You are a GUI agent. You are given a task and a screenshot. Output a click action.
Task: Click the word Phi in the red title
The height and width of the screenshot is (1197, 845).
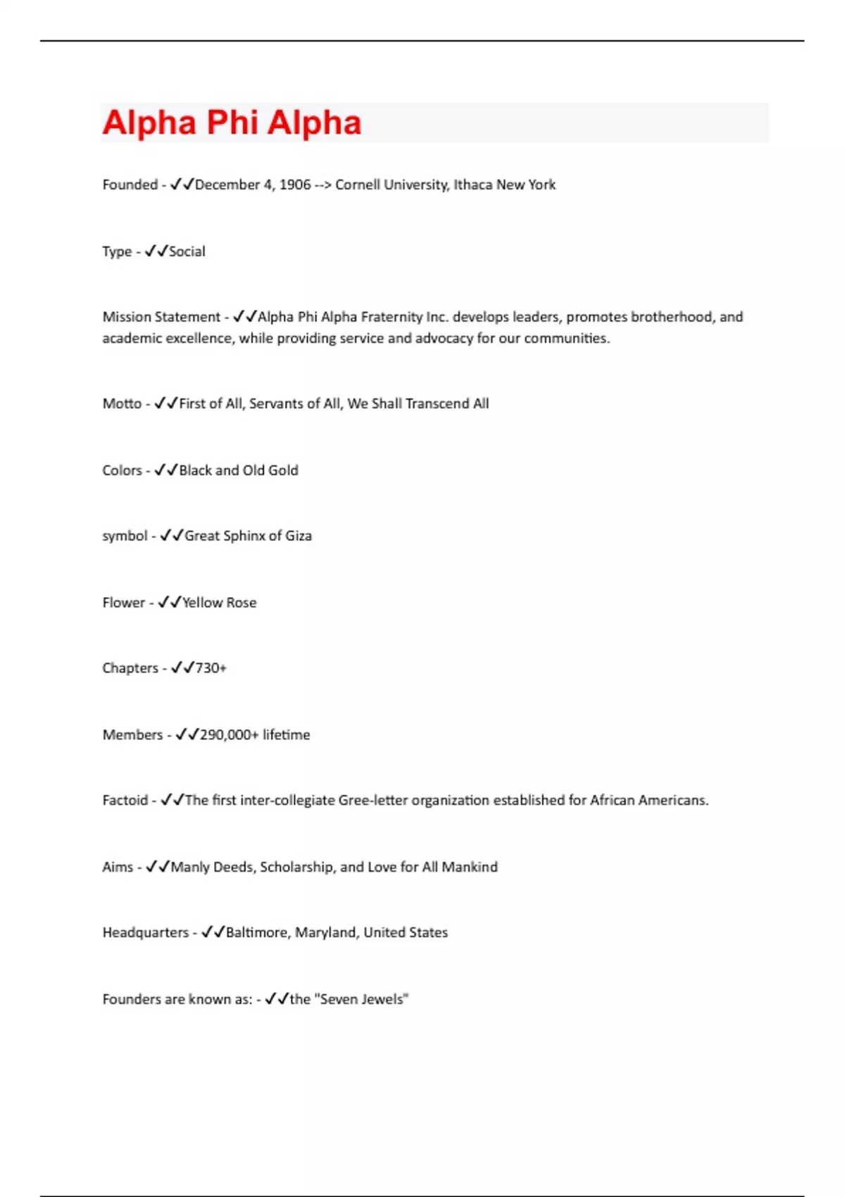click(232, 123)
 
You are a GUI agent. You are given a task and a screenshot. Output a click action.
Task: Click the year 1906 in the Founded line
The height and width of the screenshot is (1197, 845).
click(295, 184)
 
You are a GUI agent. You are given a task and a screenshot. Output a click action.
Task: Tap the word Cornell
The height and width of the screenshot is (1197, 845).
click(359, 184)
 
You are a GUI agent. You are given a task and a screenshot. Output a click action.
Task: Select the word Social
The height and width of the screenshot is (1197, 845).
click(187, 251)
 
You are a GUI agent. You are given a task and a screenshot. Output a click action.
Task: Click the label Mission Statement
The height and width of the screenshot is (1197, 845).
click(161, 317)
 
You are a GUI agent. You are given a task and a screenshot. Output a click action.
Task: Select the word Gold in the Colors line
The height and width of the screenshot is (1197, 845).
click(283, 470)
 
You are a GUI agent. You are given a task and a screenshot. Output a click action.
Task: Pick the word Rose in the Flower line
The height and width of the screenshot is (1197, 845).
click(242, 603)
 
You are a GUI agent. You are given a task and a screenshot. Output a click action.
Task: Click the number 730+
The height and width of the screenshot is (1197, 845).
click(211, 668)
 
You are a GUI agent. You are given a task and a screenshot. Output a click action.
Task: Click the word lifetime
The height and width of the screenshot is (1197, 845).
click(287, 734)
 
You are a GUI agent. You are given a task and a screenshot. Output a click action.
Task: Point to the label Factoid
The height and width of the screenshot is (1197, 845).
click(125, 800)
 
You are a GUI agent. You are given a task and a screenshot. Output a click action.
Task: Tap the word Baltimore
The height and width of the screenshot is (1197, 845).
click(256, 932)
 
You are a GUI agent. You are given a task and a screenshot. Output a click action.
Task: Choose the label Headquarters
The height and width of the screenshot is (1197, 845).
click(146, 932)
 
